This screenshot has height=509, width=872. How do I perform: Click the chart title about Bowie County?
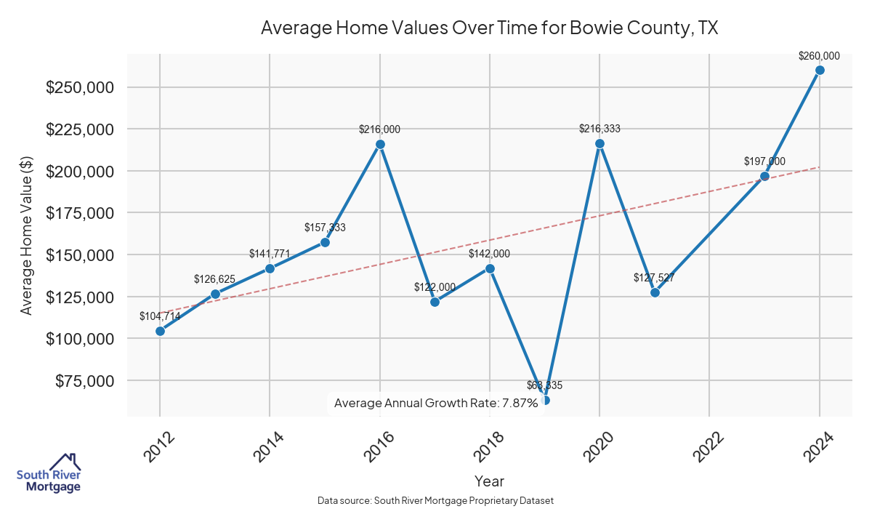pos(489,28)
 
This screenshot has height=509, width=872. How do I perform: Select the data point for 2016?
pos(380,144)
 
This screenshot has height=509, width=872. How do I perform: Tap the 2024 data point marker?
pos(820,70)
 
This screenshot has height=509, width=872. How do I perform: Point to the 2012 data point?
pos(160,331)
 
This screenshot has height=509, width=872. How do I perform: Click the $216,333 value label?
pos(599,129)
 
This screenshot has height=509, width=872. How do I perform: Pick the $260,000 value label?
pos(819,55)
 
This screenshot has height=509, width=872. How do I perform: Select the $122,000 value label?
pos(435,287)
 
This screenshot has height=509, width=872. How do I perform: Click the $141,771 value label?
pos(270,254)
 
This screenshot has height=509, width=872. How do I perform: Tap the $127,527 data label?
pos(655,278)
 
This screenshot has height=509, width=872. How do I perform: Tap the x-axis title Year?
pos(489,481)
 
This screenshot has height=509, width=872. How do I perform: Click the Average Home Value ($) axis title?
pos(26,235)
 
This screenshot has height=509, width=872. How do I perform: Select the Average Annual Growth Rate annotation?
pos(435,403)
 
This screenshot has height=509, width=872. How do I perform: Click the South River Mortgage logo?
pos(49,473)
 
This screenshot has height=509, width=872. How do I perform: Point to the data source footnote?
pos(436,501)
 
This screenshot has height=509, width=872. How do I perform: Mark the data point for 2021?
pos(655,292)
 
